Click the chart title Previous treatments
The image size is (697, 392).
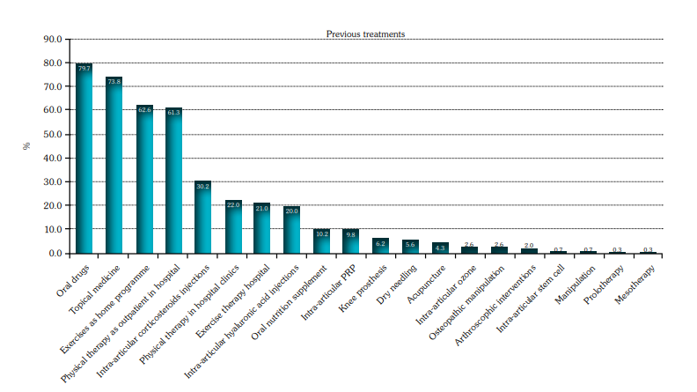click(365, 34)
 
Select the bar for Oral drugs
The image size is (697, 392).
click(84, 159)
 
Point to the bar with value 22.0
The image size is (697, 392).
click(232, 227)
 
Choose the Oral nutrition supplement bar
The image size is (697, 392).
click(321, 241)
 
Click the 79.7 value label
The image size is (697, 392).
click(84, 68)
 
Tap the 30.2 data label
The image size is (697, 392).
click(202, 186)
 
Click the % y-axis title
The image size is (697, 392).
click(26, 146)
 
